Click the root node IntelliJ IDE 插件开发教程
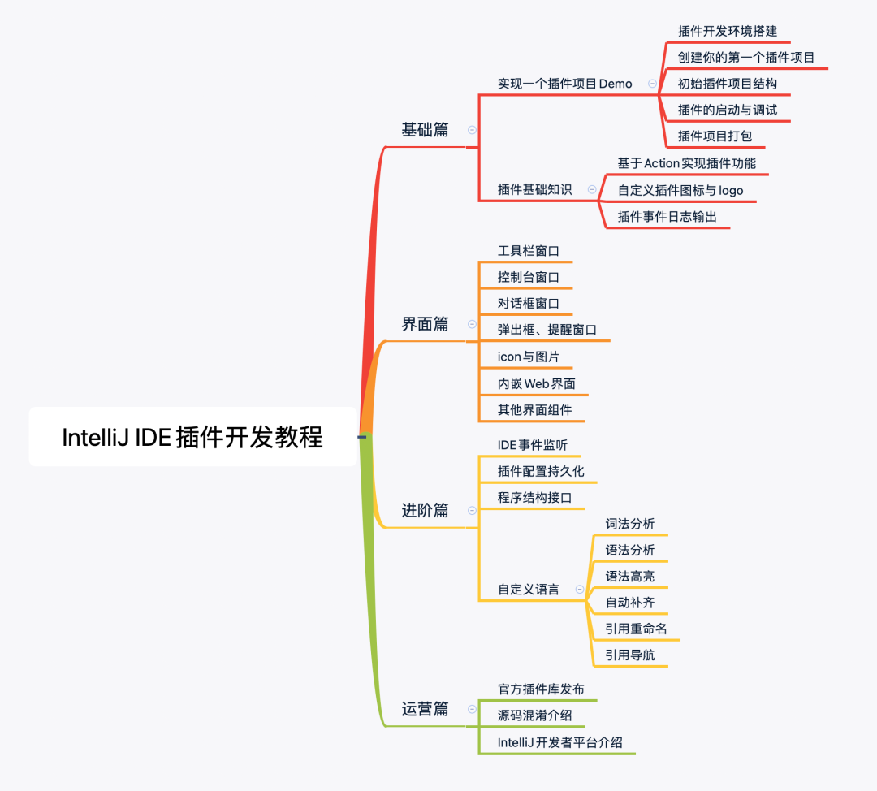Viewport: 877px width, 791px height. tap(192, 437)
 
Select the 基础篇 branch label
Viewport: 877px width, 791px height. tap(425, 130)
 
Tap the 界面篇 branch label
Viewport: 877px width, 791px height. tap(425, 324)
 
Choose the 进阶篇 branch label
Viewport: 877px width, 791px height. tap(425, 510)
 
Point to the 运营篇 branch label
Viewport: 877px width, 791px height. tap(425, 709)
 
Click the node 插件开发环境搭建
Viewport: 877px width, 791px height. tap(728, 31)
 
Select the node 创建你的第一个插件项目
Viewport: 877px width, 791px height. tap(746, 58)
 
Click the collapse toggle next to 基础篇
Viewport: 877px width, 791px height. tap(472, 130)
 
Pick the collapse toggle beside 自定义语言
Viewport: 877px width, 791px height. tap(579, 590)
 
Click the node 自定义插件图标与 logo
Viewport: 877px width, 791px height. tap(680, 191)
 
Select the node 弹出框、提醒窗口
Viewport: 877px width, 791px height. tap(547, 330)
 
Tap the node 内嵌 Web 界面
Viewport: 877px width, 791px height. tap(536, 383)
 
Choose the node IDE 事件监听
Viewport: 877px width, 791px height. tap(533, 445)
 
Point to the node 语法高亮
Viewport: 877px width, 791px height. tap(630, 577)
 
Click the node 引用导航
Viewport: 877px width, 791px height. tap(630, 655)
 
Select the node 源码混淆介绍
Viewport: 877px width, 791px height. tap(534, 715)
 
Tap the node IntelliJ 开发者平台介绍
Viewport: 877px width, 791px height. tap(560, 742)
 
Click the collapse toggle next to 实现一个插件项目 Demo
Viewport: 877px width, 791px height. tap(652, 84)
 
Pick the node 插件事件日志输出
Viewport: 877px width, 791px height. tap(667, 217)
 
